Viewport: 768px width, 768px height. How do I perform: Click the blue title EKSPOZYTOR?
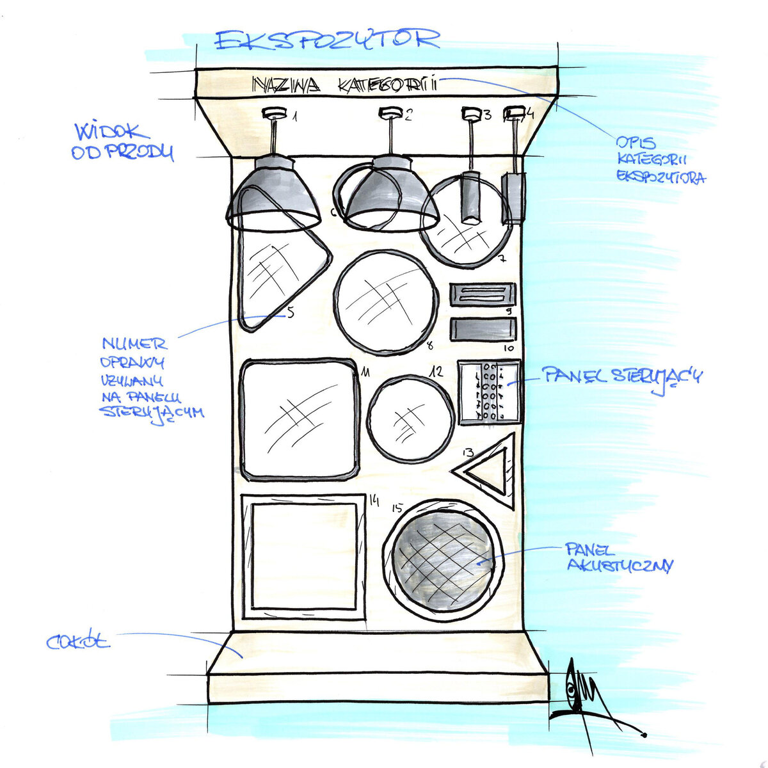click(327, 40)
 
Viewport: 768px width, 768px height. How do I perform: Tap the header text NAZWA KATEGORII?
click(344, 84)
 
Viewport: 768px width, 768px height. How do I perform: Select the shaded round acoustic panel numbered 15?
click(443, 559)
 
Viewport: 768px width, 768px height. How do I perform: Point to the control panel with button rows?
click(490, 392)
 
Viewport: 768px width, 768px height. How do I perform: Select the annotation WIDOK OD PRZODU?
click(122, 142)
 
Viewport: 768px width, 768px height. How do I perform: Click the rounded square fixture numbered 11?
click(299, 419)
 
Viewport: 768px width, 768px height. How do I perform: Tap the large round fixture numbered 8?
click(386, 301)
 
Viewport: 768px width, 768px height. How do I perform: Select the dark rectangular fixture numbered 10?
click(482, 330)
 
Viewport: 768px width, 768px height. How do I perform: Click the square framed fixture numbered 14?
click(303, 557)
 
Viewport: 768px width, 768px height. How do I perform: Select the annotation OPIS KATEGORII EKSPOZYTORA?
click(659, 160)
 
